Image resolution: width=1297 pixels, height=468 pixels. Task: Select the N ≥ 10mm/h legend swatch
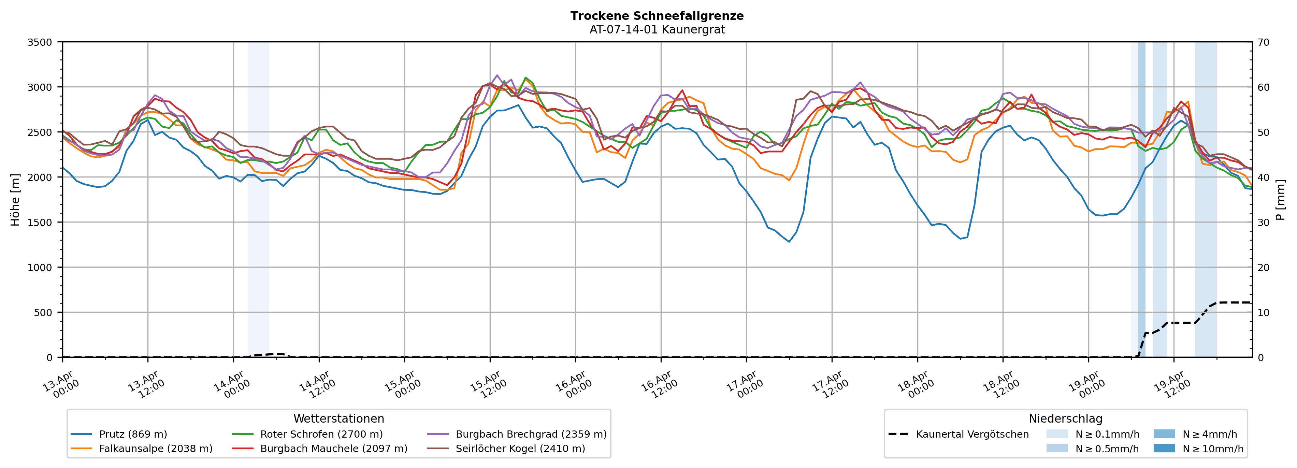(1164, 448)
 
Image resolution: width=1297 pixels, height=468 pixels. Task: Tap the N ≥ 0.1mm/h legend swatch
(1057, 434)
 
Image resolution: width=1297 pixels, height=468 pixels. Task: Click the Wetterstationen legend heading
(338, 419)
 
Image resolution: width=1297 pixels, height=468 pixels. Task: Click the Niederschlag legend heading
(1065, 419)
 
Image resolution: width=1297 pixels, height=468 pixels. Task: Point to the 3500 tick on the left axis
(40, 42)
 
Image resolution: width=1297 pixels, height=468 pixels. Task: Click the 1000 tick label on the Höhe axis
(40, 268)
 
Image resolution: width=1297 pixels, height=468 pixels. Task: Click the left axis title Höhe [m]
(15, 199)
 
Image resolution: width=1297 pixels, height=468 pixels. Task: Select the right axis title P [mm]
(1280, 199)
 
